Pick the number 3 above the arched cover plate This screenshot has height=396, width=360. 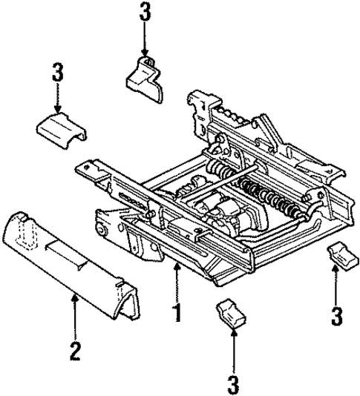[x=56, y=74]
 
